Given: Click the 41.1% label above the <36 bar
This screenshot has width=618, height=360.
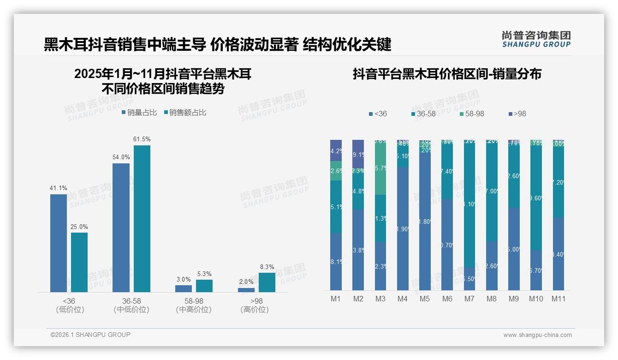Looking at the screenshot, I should (x=59, y=188).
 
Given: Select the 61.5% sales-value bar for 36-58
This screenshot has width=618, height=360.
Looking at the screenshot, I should (x=142, y=218).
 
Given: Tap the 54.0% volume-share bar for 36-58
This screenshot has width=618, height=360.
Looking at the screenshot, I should (x=121, y=228).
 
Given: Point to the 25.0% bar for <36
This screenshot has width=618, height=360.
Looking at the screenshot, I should (x=79, y=262).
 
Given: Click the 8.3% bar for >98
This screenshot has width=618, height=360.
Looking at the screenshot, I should (x=267, y=282).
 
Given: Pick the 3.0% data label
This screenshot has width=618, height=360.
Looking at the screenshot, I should (x=184, y=279).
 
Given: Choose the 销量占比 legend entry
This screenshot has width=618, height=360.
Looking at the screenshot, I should (x=139, y=112).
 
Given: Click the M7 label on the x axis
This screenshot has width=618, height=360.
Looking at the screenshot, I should (x=469, y=299).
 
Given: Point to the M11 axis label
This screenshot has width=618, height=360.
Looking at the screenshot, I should (x=559, y=299).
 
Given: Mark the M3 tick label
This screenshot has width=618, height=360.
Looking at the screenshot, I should (x=380, y=299).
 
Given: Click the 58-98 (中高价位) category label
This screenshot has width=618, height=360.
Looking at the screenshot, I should (x=194, y=305).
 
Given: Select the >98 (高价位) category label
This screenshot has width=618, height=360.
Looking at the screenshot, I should (x=255, y=305).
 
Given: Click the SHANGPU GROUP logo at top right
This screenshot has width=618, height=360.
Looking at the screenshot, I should (x=536, y=39).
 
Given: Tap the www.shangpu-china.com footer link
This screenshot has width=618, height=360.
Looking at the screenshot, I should (x=537, y=335).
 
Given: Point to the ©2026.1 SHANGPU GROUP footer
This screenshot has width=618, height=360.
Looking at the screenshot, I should (x=90, y=335).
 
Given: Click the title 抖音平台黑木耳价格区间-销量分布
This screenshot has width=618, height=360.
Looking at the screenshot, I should (x=447, y=74).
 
